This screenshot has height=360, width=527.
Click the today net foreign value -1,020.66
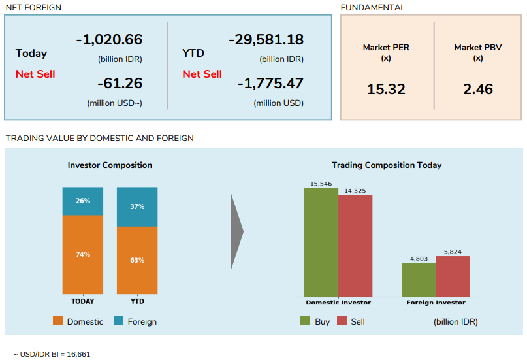[109, 39]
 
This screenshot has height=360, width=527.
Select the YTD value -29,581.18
[266, 39]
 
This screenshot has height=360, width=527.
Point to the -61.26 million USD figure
[120, 84]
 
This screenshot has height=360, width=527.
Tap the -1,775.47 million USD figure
[270, 84]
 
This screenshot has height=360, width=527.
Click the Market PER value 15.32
[386, 89]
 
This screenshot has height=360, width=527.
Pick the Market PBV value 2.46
[478, 89]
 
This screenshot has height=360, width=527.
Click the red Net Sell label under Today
[35, 74]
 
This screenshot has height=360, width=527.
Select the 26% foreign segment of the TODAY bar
[83, 201]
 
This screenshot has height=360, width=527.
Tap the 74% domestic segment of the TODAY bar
[83, 254]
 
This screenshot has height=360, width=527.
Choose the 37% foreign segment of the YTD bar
[137, 206]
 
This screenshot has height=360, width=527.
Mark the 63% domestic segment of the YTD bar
[137, 260]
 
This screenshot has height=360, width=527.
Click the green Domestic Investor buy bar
[321, 242]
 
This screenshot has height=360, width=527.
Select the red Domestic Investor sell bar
[355, 246]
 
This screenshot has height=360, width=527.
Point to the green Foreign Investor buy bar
[419, 280]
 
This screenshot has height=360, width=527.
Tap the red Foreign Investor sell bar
[453, 276]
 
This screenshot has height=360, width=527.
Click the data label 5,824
[453, 252]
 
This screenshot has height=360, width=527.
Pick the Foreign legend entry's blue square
[118, 321]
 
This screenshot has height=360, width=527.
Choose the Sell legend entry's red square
[342, 321]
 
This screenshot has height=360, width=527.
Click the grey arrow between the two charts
[237, 231]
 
